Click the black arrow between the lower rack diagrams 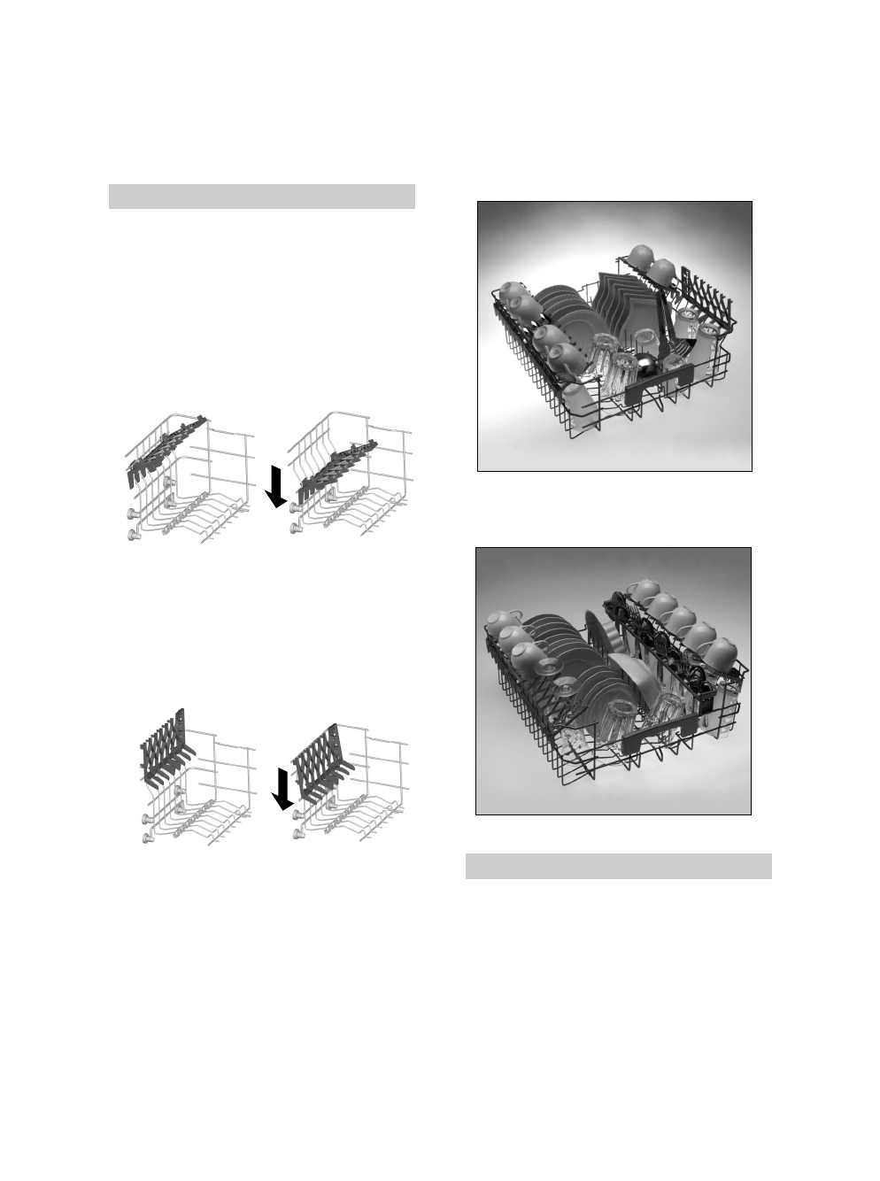282,788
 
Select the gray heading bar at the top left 262,197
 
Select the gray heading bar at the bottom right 619,866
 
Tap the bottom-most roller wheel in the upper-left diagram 133,533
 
